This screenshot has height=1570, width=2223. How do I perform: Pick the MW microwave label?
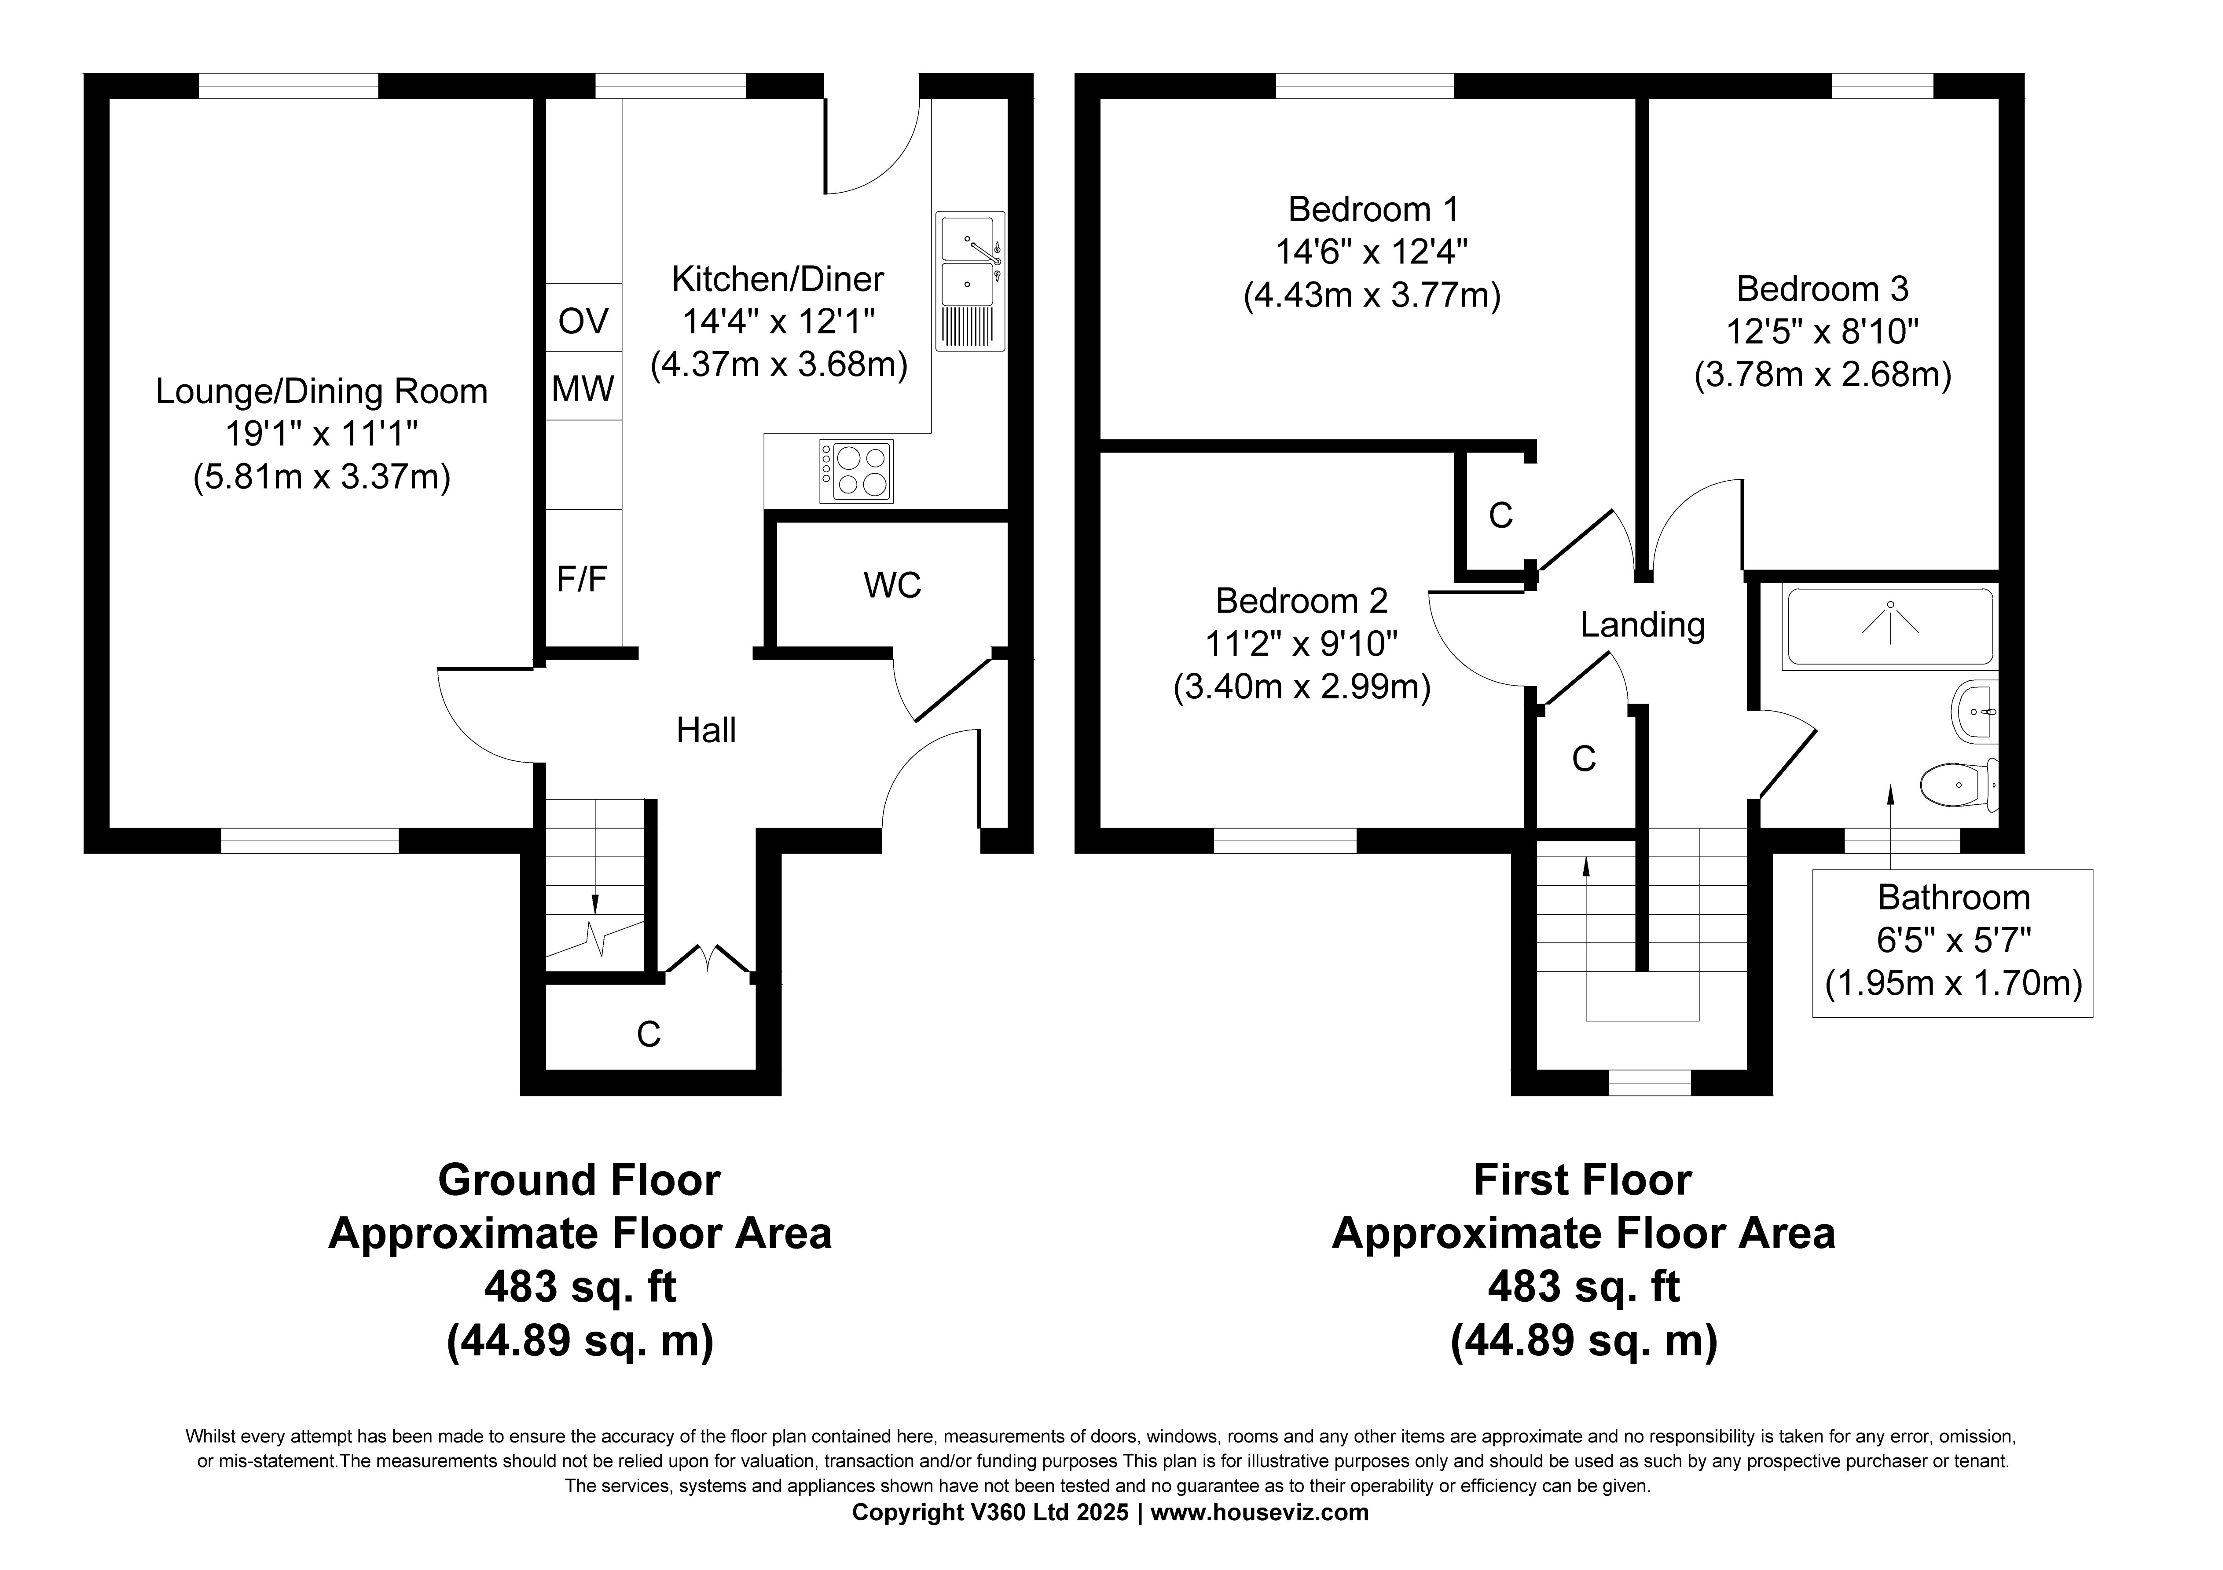[x=583, y=389]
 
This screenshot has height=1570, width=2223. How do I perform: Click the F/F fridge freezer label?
[x=582, y=579]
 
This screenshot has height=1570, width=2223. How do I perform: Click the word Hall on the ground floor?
[x=706, y=730]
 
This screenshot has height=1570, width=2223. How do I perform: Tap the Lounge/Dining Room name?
[x=322, y=391]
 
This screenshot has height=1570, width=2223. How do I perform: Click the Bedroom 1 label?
[x=1373, y=209]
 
